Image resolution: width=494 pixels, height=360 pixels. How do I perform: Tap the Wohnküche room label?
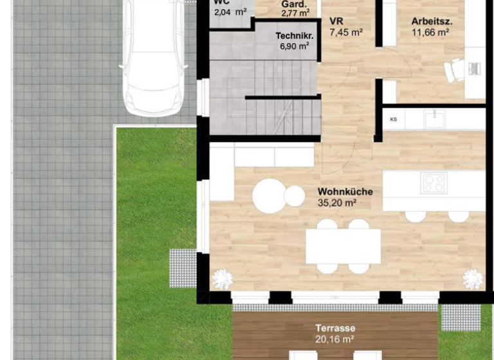[345, 192]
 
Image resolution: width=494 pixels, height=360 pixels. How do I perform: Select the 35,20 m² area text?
[337, 203]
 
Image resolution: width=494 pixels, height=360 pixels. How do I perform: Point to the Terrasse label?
[335, 328]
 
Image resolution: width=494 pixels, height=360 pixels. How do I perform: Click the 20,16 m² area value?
[335, 339]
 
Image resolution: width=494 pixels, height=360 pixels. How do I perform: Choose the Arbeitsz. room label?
[432, 21]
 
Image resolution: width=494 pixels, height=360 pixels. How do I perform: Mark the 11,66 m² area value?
[430, 32]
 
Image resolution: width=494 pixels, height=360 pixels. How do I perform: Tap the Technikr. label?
[294, 36]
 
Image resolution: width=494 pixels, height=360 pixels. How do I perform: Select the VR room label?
[336, 21]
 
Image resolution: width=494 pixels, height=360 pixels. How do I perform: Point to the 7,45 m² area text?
[345, 32]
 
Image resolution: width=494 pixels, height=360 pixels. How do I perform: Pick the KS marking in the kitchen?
[393, 120]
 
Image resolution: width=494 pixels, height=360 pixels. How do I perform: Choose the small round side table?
[295, 196]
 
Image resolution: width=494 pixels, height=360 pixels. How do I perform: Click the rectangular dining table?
[343, 246]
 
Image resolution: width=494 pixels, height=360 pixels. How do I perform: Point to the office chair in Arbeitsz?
[455, 69]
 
